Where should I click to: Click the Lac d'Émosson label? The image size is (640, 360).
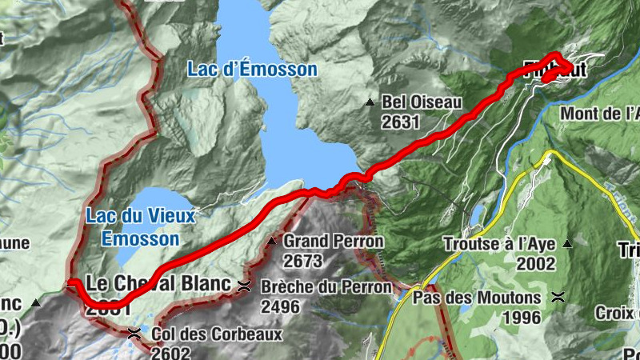[x=252, y=70]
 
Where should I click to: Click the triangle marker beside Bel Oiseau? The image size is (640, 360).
[x=370, y=102]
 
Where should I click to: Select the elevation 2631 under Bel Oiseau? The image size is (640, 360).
[x=401, y=122]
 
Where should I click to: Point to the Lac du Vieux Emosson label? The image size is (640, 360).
[x=141, y=226]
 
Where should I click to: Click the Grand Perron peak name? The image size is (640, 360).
[x=334, y=241]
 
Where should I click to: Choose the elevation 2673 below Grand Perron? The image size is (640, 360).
[x=302, y=261]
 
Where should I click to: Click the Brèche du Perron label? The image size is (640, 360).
[x=326, y=286]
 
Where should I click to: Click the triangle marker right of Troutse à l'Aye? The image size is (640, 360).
[x=568, y=243]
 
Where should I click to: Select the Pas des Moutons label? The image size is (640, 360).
[x=479, y=297]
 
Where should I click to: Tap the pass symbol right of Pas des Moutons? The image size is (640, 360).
[x=558, y=297]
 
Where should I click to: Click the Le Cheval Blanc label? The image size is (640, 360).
[x=158, y=284]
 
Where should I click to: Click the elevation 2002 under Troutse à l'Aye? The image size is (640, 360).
[x=536, y=263]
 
